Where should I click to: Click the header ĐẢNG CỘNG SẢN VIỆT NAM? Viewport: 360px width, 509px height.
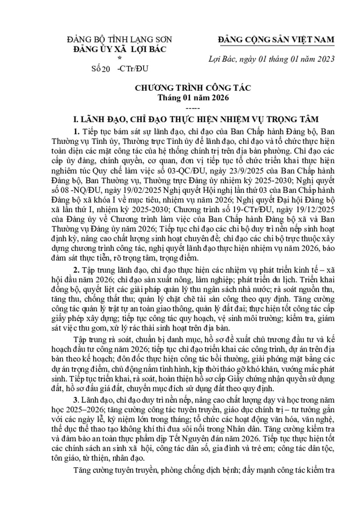tap(276, 40)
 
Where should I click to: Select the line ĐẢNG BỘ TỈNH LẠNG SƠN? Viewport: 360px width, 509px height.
tap(119, 40)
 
